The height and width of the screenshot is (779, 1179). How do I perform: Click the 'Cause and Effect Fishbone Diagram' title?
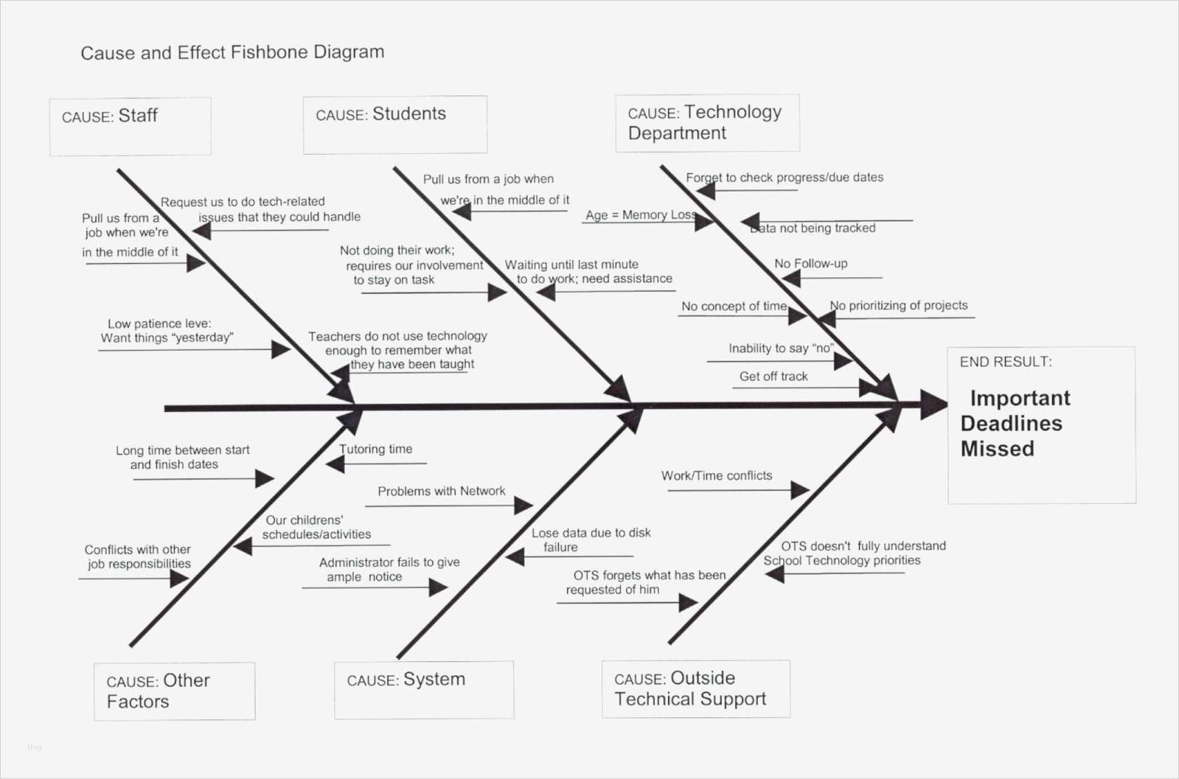click(232, 53)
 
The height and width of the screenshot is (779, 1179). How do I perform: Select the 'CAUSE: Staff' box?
click(130, 126)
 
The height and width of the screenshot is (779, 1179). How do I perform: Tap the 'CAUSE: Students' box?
click(394, 124)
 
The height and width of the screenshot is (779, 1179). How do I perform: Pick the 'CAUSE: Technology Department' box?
click(707, 123)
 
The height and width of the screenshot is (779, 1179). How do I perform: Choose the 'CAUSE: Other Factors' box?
click(174, 691)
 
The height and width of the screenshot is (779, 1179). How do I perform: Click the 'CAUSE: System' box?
click(424, 689)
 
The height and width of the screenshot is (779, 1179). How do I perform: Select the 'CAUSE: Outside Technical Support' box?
click(695, 688)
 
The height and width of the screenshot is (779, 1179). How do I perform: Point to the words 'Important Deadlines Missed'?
click(1014, 423)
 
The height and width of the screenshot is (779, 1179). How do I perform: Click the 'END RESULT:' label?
click(1006, 362)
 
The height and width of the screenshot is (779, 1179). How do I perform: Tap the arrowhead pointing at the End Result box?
click(934, 405)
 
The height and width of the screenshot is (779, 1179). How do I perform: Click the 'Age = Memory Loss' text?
click(641, 215)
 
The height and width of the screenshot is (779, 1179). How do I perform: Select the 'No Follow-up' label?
click(811, 264)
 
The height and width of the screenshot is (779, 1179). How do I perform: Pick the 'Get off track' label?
click(773, 377)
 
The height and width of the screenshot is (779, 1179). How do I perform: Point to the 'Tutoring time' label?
click(375, 449)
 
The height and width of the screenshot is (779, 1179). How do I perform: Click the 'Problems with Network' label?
click(441, 491)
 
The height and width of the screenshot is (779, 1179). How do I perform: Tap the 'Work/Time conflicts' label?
click(717, 476)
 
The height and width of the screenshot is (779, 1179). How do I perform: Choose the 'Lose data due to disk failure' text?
click(590, 540)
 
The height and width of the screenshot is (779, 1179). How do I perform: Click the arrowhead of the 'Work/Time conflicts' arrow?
click(800, 490)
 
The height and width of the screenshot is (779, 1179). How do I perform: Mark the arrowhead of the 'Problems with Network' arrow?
click(524, 505)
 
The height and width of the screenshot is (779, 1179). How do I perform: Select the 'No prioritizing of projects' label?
click(898, 306)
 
